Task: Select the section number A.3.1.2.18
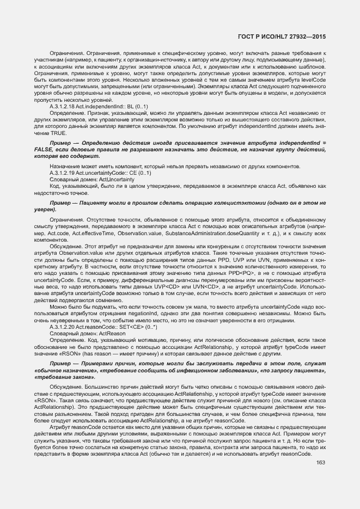(x=64, y=106)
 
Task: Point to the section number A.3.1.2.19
(x=64, y=173)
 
